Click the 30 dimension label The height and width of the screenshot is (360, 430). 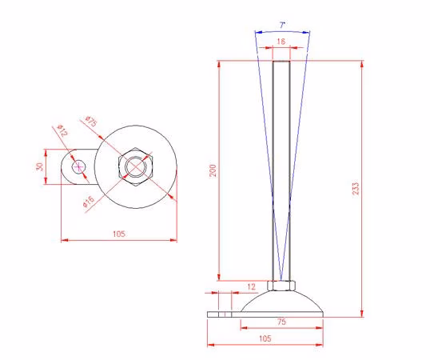click(x=40, y=166)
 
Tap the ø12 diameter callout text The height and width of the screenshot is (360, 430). click(x=62, y=130)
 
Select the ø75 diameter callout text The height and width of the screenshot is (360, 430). click(x=91, y=122)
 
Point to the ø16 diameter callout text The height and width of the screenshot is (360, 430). click(x=89, y=202)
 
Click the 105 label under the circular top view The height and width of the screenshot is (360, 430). click(x=119, y=234)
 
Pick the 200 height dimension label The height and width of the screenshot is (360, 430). click(x=213, y=170)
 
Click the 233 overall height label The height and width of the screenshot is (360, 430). click(x=356, y=188)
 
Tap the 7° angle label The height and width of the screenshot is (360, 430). click(x=282, y=26)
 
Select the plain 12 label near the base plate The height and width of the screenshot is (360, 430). click(x=251, y=286)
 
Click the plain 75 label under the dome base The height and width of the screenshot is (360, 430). click(x=281, y=322)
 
